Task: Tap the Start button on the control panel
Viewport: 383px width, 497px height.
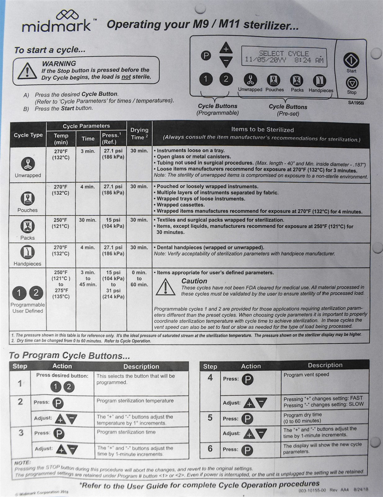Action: [x=351, y=60]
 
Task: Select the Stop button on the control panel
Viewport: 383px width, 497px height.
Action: [x=352, y=83]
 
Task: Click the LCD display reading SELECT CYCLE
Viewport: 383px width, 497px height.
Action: [x=284, y=57]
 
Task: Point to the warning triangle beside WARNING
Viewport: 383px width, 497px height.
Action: [x=27, y=71]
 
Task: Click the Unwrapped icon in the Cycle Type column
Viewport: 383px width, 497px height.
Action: [x=28, y=164]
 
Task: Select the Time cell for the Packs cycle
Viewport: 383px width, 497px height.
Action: [x=88, y=220]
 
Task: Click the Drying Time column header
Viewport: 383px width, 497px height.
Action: [x=139, y=134]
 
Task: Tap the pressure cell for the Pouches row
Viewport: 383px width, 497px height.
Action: [x=113, y=189]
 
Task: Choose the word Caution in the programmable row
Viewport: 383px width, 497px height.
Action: [x=194, y=281]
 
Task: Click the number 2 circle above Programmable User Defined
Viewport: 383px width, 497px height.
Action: [x=36, y=293]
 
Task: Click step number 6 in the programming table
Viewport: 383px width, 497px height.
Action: [x=210, y=449]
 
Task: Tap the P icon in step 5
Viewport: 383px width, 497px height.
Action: [x=247, y=419]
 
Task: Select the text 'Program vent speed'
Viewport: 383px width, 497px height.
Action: [x=306, y=375]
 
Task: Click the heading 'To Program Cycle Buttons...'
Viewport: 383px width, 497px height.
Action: [x=69, y=355]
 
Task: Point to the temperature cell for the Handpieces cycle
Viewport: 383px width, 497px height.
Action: [x=61, y=250]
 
